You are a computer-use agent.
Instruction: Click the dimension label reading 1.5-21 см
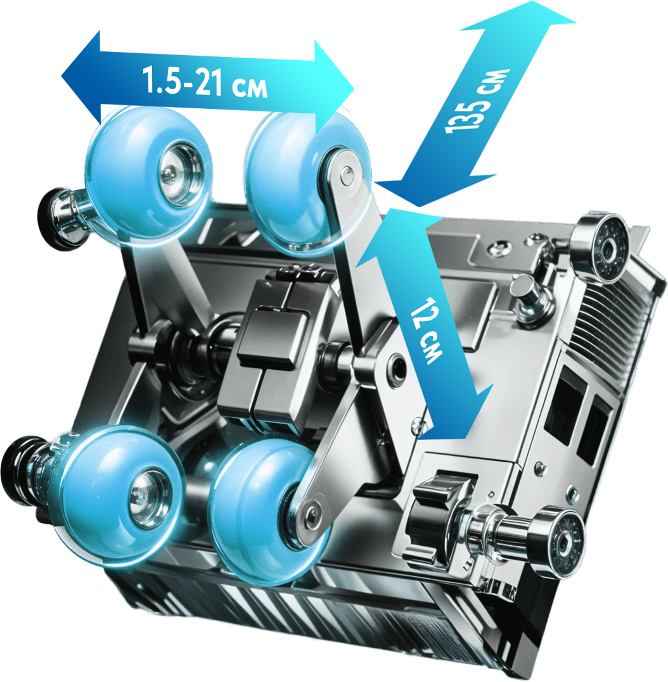pyautogui.click(x=205, y=82)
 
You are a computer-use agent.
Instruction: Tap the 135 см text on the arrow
pyautogui.click(x=477, y=101)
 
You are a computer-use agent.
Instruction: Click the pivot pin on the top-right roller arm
pyautogui.click(x=347, y=173)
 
